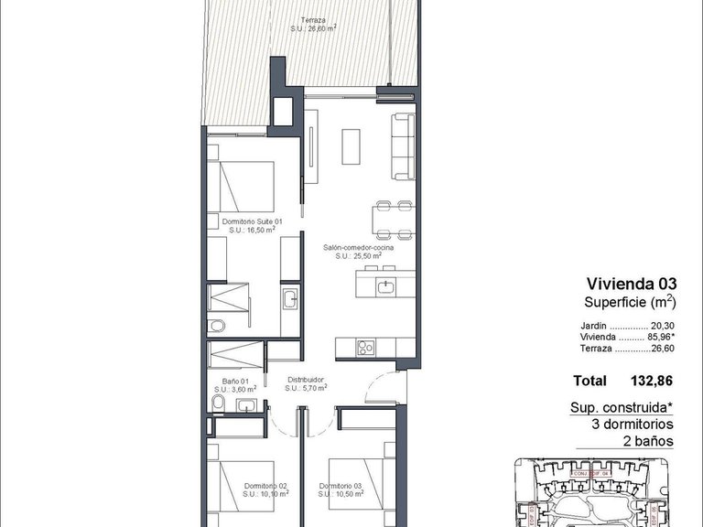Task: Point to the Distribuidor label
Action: tap(306, 381)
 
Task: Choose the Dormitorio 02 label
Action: tap(266, 486)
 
